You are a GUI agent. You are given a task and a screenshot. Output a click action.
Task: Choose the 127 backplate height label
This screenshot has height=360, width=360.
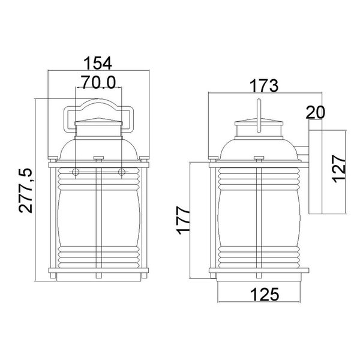coord(340,170)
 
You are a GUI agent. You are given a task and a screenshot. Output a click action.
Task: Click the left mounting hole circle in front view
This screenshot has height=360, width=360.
coord(76,173)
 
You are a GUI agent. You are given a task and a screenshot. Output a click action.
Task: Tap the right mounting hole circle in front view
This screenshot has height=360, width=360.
coord(122,173)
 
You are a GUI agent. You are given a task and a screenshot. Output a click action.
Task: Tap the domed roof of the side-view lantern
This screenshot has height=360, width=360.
coord(259,147)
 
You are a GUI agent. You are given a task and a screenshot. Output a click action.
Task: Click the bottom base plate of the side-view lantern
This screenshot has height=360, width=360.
coord(259,277)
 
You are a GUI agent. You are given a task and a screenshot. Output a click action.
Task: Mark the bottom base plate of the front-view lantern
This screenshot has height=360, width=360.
coord(99,277)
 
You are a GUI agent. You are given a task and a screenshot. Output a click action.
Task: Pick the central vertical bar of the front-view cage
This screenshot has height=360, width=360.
coord(99,222)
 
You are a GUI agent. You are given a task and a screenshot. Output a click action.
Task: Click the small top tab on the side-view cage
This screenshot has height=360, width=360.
coord(259,159)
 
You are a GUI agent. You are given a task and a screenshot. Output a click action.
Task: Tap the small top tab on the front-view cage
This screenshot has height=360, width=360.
coord(99,159)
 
